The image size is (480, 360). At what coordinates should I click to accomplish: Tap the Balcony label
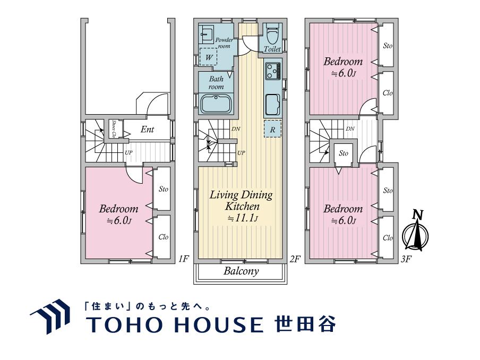coord(241,271)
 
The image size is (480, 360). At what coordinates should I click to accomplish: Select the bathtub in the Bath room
coord(216,104)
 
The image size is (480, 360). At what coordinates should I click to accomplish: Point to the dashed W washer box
coord(209,57)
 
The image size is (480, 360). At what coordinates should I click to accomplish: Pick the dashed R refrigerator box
coord(272,129)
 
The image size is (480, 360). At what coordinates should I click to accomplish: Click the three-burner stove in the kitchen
coord(273,71)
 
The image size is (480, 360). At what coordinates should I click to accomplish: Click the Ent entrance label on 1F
coord(147,129)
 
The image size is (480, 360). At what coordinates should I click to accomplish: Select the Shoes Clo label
coord(114,128)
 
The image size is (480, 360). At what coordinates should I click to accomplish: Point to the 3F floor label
coord(406,260)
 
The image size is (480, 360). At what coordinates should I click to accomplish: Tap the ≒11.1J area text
coord(242,218)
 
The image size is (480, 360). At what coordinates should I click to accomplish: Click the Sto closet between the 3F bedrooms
coord(344,153)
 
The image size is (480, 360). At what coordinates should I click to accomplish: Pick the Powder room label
coord(224,43)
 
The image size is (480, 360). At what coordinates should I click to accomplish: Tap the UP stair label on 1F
coord(128,152)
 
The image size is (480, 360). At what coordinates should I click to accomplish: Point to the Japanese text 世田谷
coord(305,324)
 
